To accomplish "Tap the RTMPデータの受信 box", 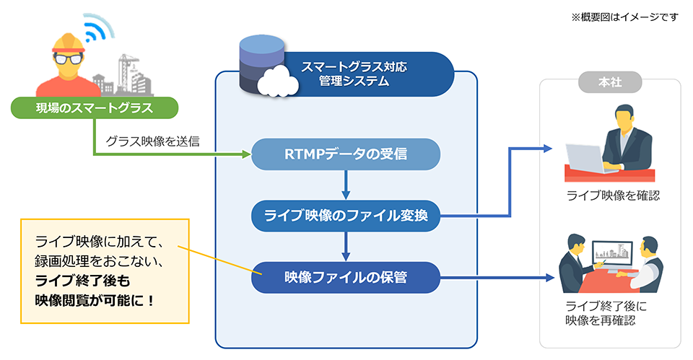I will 346,154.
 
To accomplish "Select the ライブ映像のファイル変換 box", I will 346,215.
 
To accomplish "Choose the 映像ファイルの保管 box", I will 346,277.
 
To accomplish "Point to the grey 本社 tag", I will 610,83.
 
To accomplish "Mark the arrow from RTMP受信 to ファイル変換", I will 346,185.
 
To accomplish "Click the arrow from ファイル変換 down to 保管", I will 346,246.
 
